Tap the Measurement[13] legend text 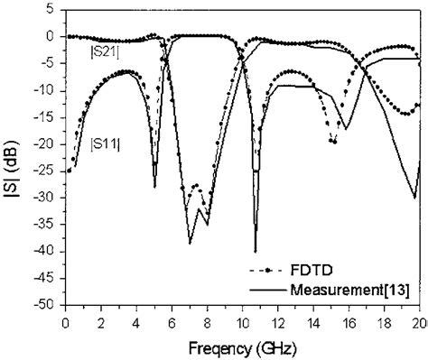352,290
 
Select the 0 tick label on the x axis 65,321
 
